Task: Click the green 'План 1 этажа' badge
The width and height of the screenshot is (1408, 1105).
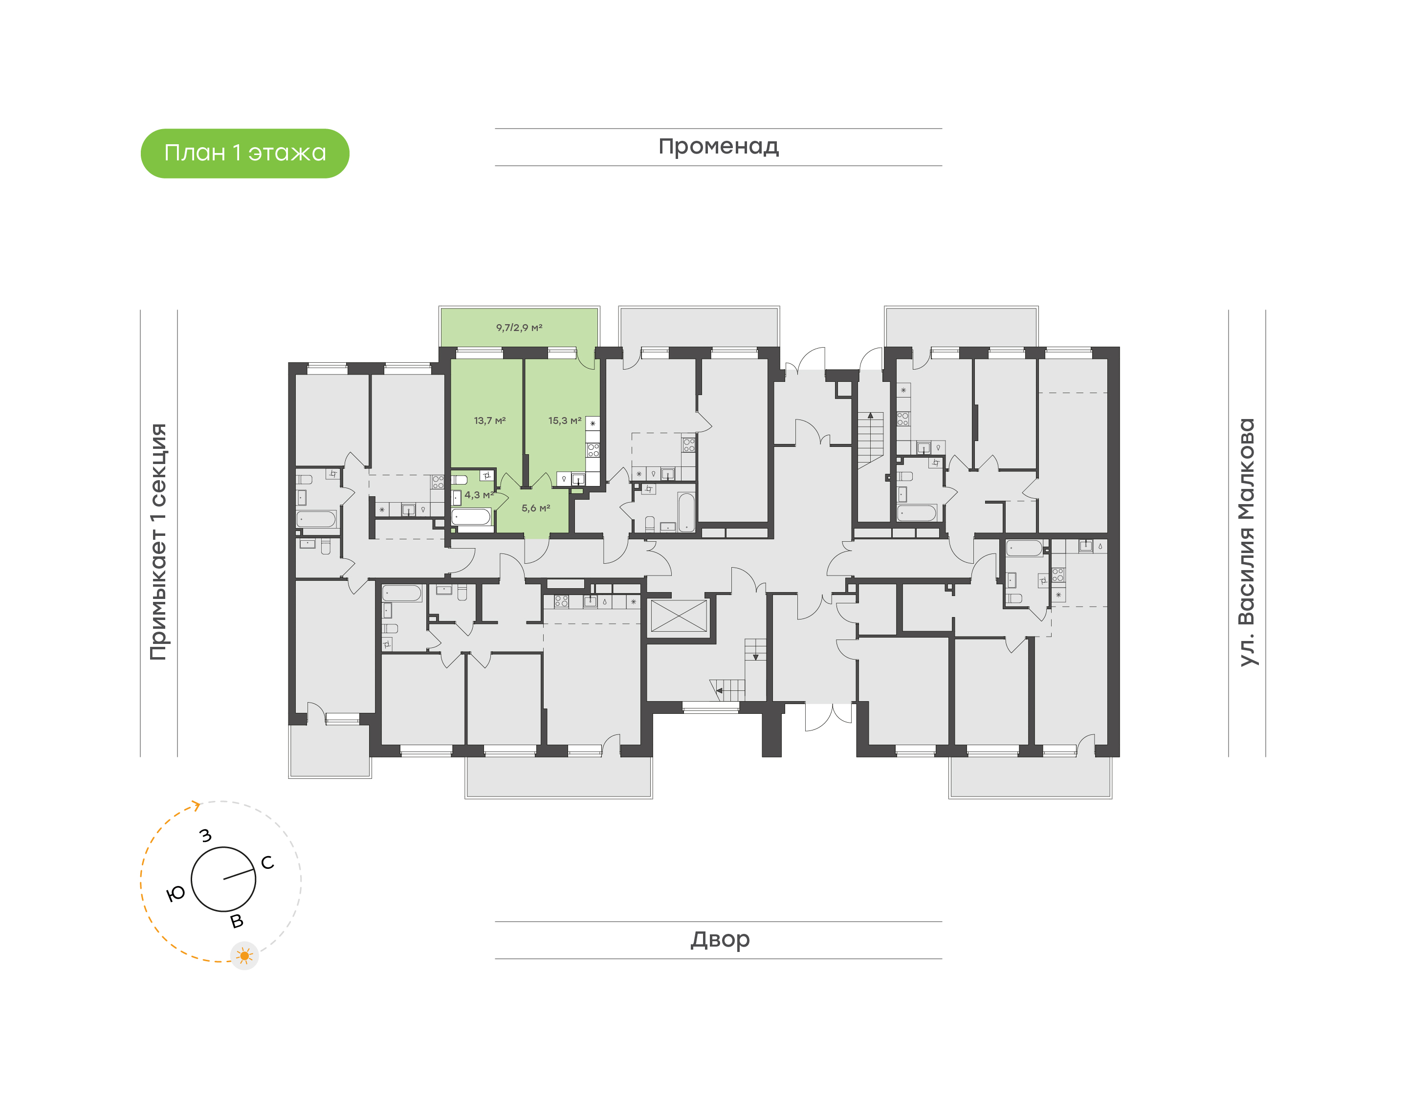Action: point(244,154)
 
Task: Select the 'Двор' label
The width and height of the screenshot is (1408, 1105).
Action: point(719,939)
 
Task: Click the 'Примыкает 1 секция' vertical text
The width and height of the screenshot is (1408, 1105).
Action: point(158,542)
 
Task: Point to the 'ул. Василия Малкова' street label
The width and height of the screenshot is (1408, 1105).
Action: point(1246,542)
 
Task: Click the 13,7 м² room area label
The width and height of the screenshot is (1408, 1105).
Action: point(489,420)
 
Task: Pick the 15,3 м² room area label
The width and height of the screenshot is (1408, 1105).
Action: point(564,420)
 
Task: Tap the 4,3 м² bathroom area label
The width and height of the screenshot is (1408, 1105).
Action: point(478,495)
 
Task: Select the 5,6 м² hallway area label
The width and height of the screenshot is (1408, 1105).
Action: point(535,508)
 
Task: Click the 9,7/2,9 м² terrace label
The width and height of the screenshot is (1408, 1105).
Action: point(519,328)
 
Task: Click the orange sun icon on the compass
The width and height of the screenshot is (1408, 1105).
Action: point(244,955)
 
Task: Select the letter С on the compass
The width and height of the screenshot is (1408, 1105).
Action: point(267,862)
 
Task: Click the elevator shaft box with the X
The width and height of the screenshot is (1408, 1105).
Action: point(679,616)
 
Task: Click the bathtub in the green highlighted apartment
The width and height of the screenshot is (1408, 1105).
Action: point(471,516)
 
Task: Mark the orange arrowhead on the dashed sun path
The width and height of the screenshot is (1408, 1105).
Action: point(196,805)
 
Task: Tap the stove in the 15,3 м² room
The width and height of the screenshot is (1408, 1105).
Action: point(593,450)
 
